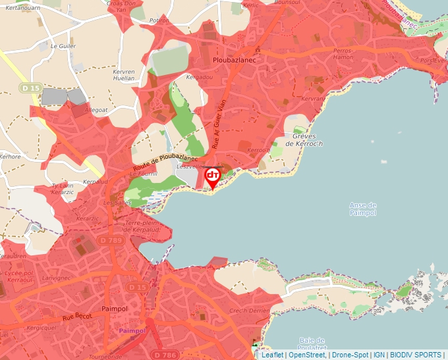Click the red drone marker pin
click(x=213, y=177)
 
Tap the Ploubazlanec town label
click(x=234, y=59)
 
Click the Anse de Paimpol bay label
click(x=362, y=209)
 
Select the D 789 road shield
click(x=111, y=242)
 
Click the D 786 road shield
click(x=168, y=355)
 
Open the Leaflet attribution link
click(x=273, y=355)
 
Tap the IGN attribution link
click(x=379, y=355)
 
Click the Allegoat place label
click(x=96, y=110)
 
